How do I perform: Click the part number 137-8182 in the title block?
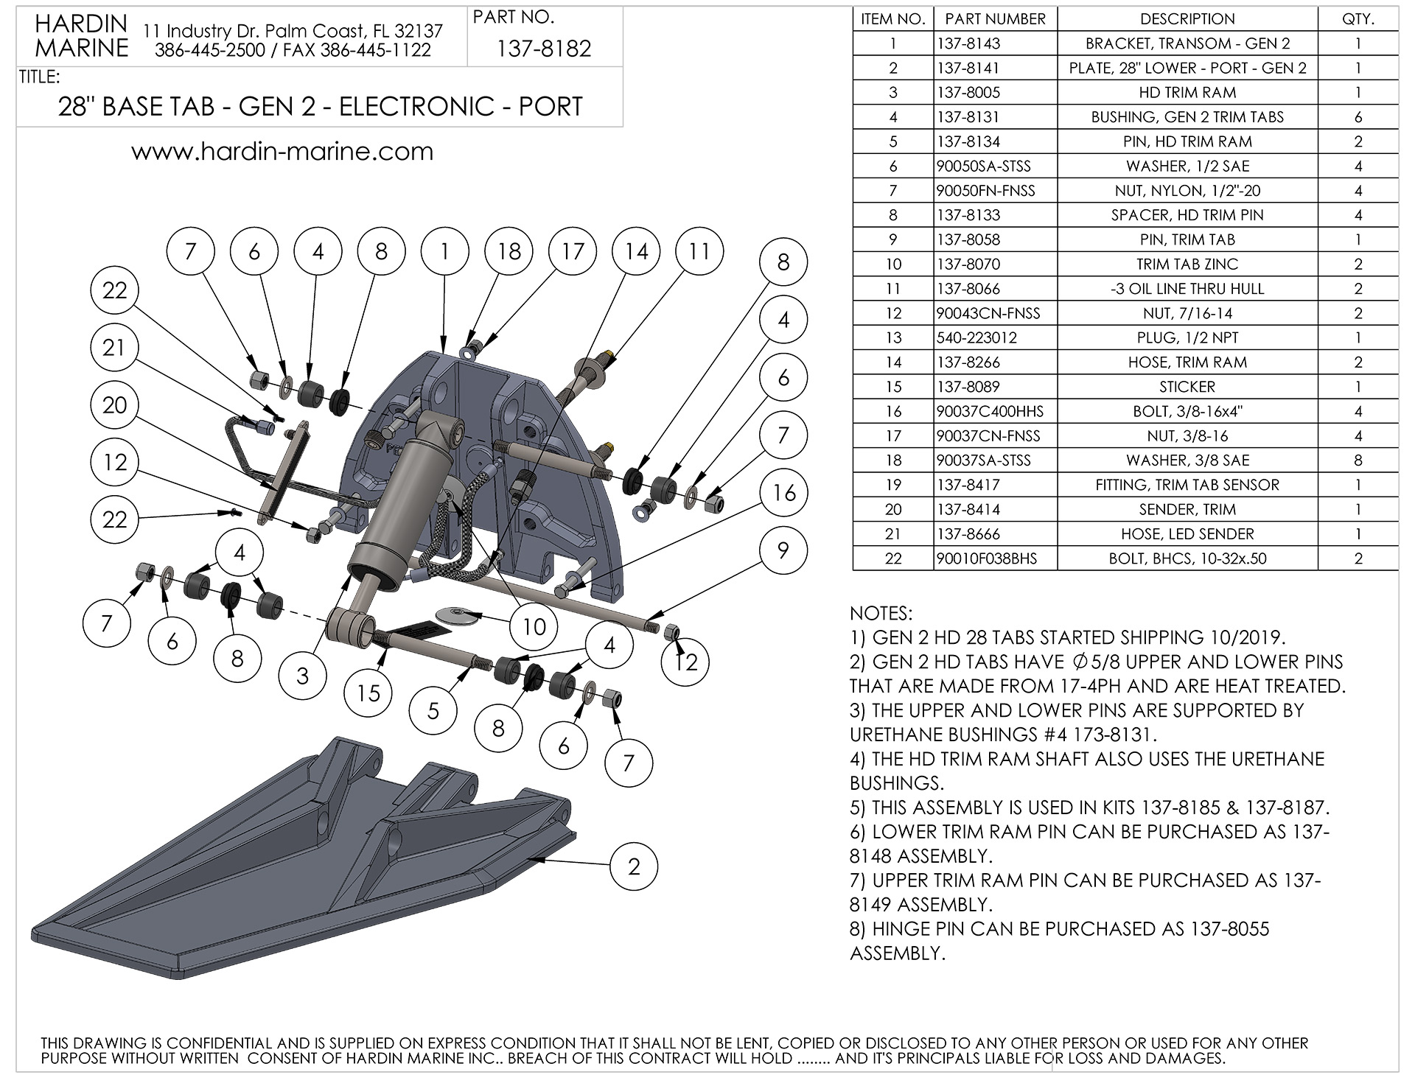pyautogui.click(x=544, y=49)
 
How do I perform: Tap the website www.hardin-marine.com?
pyautogui.click(x=282, y=152)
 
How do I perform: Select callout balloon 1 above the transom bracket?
pyautogui.click(x=444, y=252)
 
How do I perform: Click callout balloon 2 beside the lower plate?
pyautogui.click(x=634, y=866)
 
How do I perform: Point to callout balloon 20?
pyautogui.click(x=114, y=405)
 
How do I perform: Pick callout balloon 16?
pyautogui.click(x=783, y=492)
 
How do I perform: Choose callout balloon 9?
pyautogui.click(x=783, y=550)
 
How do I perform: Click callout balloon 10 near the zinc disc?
pyautogui.click(x=534, y=626)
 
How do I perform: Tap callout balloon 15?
pyautogui.click(x=368, y=692)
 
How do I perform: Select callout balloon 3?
pyautogui.click(x=303, y=675)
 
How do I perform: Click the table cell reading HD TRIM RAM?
pyautogui.click(x=1187, y=93)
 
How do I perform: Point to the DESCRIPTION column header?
pyautogui.click(x=1187, y=19)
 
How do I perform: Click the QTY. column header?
pyautogui.click(x=1358, y=19)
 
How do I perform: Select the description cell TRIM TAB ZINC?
pyautogui.click(x=1187, y=265)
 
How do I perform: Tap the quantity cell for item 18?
pyautogui.click(x=1358, y=460)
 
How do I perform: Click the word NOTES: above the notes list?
pyautogui.click(x=881, y=614)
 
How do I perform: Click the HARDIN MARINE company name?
pyautogui.click(x=81, y=35)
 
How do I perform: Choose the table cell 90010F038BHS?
pyautogui.click(x=986, y=558)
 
